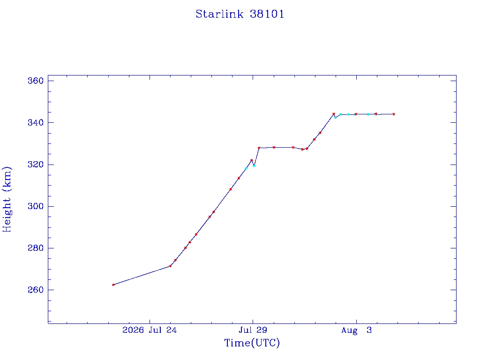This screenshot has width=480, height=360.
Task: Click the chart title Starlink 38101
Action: [240, 14]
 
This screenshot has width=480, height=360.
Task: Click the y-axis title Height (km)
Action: [7, 200]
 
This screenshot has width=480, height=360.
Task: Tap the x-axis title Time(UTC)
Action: [252, 343]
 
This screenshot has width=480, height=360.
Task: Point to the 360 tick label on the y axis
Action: [36, 81]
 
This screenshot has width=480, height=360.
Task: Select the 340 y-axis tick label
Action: [36, 123]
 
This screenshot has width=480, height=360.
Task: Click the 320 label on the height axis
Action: [36, 165]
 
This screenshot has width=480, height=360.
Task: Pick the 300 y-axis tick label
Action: [36, 206]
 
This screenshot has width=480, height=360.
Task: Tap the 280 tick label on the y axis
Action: [36, 248]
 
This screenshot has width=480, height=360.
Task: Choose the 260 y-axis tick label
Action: [36, 290]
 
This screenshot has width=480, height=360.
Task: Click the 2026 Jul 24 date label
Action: [150, 330]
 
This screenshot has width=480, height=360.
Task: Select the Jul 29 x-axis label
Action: [253, 330]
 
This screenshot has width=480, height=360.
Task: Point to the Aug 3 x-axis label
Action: [356, 330]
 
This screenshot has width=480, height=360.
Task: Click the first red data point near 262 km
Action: [113, 285]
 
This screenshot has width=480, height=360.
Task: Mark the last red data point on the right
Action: [394, 114]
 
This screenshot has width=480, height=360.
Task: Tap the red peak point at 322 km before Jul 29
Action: [252, 160]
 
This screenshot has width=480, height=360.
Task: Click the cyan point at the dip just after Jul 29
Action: [254, 166]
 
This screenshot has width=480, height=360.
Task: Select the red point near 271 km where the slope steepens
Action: [170, 266]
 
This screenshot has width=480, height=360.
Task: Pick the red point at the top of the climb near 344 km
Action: [334, 114]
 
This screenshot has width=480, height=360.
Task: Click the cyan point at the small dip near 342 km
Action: [336, 118]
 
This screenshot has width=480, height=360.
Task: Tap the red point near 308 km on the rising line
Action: [231, 189]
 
